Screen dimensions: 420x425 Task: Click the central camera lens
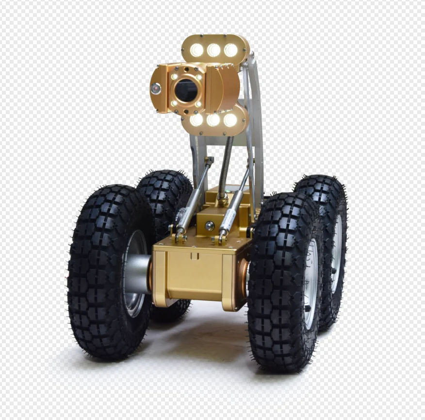click(x=186, y=90)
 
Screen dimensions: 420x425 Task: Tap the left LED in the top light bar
click(x=197, y=50)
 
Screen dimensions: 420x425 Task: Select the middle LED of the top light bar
click(x=213, y=50)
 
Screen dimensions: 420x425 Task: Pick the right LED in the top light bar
click(x=230, y=50)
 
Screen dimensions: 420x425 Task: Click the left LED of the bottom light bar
click(x=197, y=119)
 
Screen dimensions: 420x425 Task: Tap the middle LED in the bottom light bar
click(x=213, y=120)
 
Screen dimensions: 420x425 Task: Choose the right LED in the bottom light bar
click(x=230, y=120)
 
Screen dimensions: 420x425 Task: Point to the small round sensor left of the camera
click(x=156, y=88)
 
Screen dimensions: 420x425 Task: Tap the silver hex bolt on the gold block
click(x=210, y=225)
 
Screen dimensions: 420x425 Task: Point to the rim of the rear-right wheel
click(x=336, y=252)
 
